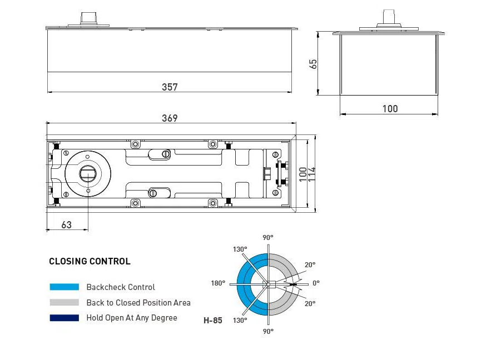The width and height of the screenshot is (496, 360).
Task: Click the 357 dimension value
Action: [170, 87]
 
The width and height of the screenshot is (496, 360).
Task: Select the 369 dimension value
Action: [170, 118]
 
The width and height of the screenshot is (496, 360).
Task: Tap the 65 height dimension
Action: [314, 63]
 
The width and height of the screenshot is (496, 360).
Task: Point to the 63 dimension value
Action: [66, 224]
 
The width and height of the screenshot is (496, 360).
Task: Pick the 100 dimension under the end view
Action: [390, 108]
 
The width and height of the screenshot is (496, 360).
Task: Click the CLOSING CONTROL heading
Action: [90, 261]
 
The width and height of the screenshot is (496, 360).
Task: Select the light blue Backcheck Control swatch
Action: [64, 287]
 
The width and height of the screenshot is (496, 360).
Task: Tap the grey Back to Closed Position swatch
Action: [64, 303]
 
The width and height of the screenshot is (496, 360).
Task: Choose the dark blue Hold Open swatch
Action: [64, 318]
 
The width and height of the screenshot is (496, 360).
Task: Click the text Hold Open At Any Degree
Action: [132, 318]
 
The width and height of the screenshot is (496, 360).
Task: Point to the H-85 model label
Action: [213, 321]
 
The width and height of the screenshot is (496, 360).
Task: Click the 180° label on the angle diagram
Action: [218, 283]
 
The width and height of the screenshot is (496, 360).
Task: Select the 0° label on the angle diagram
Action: [316, 283]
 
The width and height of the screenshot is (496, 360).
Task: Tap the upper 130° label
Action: [240, 249]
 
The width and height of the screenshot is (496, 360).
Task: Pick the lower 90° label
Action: [268, 331]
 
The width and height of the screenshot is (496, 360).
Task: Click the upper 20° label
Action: [310, 265]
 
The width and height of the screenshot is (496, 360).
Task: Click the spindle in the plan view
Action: [88, 173]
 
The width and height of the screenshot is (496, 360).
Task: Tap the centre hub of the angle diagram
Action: [268, 284]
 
